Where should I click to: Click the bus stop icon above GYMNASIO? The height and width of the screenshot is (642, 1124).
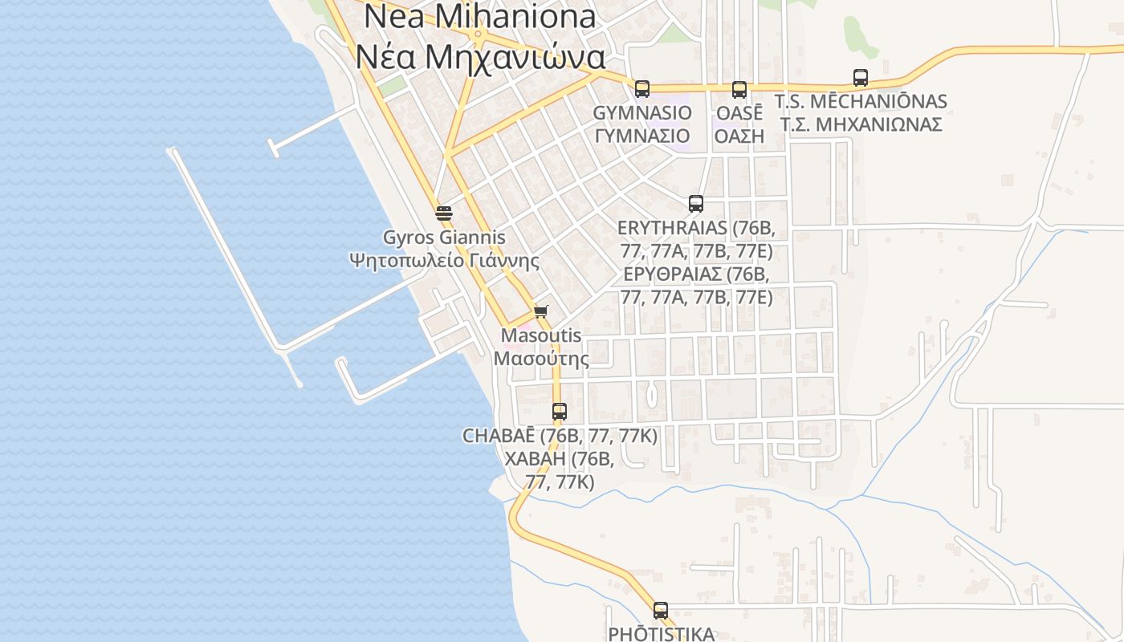[x=641, y=89]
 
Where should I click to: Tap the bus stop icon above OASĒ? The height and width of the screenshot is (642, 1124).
[x=739, y=90]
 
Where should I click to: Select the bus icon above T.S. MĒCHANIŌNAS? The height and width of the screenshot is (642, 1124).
[x=861, y=78]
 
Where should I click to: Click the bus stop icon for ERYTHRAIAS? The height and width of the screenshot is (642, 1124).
[x=696, y=204]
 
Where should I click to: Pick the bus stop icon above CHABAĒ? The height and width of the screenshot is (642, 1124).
[x=560, y=412]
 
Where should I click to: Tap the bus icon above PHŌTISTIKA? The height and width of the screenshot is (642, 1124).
[x=661, y=611]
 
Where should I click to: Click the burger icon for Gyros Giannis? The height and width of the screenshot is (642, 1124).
[x=443, y=213]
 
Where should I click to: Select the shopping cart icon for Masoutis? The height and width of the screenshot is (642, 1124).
[x=541, y=311]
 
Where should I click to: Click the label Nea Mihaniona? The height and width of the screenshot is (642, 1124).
[x=480, y=17]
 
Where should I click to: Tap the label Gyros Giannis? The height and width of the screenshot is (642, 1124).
[x=444, y=238]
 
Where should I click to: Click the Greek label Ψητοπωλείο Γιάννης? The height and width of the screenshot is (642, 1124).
[x=444, y=261]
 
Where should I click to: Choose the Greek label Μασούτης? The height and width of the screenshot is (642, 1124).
[x=541, y=359]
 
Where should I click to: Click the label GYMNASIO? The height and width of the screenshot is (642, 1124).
[x=642, y=112]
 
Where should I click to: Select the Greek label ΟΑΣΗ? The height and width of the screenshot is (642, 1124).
[x=739, y=136]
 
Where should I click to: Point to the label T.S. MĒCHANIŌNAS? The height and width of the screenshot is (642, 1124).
[x=861, y=102]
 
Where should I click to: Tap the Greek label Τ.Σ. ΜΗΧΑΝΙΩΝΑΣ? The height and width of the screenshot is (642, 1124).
[x=861, y=125]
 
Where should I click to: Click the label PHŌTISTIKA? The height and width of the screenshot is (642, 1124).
[x=661, y=634]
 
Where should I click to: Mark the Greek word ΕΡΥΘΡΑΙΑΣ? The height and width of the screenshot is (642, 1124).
[x=673, y=274]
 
